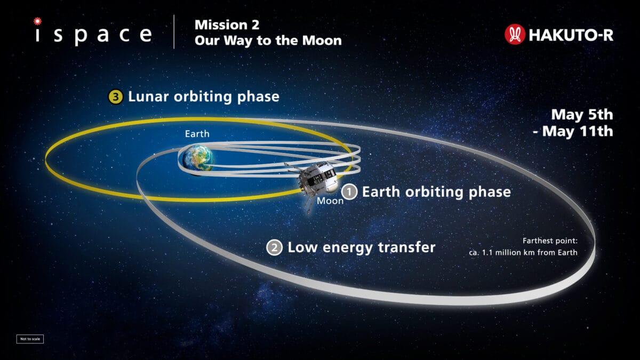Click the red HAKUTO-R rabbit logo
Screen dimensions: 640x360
click(515, 34)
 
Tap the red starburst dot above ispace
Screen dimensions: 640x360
click(37, 21)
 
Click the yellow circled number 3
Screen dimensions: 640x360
click(115, 97)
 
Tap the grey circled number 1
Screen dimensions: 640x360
click(349, 191)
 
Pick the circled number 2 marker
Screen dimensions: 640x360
click(274, 247)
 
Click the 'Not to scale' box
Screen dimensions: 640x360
click(30, 339)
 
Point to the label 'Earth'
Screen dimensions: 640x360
click(197, 134)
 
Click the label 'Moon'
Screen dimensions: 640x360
click(330, 201)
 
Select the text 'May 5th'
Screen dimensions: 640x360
click(582, 115)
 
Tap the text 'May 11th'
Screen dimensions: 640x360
click(578, 131)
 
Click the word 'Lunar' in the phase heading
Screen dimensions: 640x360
click(148, 97)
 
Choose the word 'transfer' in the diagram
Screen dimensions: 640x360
click(406, 247)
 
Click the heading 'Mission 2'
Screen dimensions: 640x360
click(227, 25)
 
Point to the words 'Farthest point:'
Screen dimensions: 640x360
click(550, 241)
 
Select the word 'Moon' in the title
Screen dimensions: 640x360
click(322, 41)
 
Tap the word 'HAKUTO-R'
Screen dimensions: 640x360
click(571, 35)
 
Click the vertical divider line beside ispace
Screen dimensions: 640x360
click(174, 31)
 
